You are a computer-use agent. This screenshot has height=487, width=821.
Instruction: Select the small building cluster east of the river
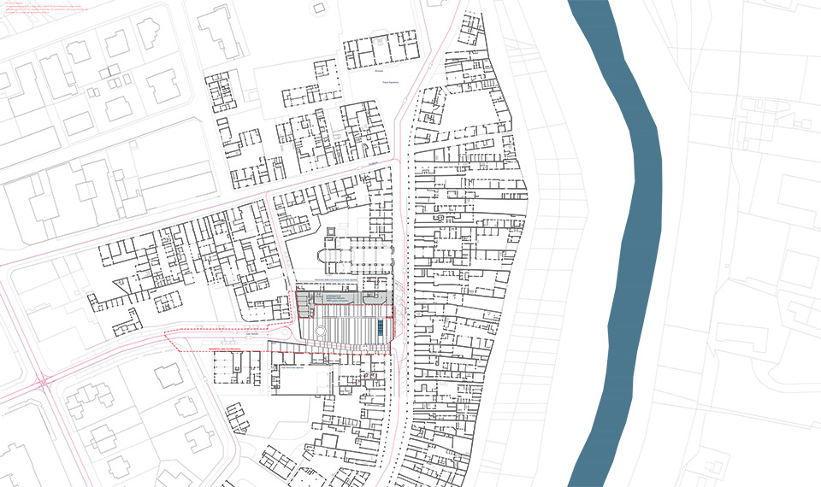(x=761, y=115)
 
